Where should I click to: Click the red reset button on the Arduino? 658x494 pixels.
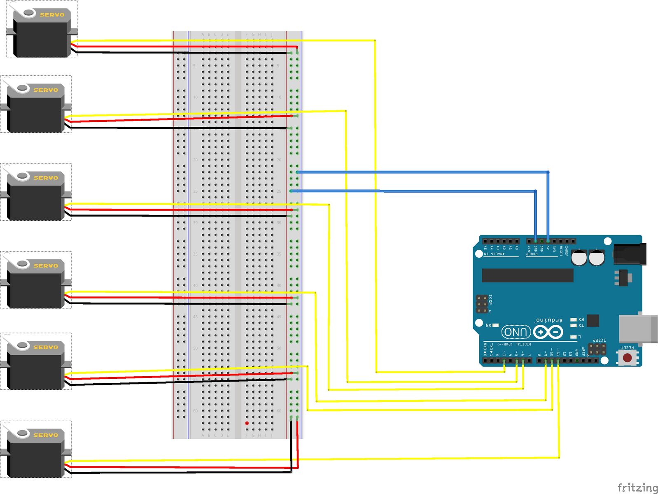(627, 358)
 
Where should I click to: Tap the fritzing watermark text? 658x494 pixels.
(637, 488)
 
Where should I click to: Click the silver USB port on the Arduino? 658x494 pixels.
(637, 329)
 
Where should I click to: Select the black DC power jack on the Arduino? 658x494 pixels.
(630, 254)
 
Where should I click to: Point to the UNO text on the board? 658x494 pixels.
(516, 332)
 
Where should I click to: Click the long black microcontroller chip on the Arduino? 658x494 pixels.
(527, 275)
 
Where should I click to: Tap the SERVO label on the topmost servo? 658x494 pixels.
(52, 15)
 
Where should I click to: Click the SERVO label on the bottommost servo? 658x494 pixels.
(46, 435)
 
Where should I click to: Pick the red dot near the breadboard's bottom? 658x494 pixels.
(247, 423)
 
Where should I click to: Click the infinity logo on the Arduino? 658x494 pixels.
(548, 332)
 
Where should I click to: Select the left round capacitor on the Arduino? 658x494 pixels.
(579, 258)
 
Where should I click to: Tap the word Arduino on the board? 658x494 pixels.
(549, 320)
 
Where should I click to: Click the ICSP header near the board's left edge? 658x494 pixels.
(482, 304)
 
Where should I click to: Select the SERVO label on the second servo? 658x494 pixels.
(46, 90)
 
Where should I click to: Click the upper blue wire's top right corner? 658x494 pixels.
(548, 172)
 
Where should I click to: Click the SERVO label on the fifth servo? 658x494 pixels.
(46, 347)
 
